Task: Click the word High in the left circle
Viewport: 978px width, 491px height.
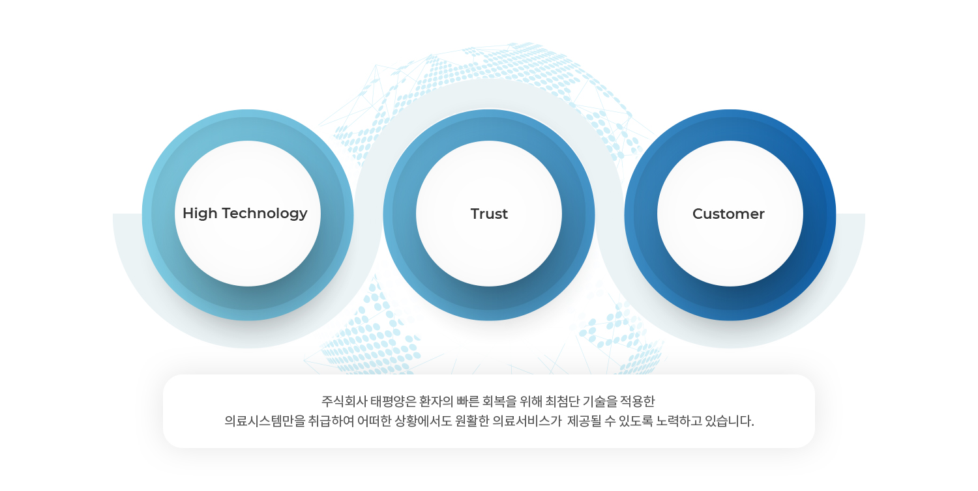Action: [x=200, y=214]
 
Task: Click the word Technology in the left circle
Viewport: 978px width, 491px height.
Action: [x=265, y=214]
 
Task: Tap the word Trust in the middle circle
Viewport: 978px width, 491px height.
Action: [x=489, y=214]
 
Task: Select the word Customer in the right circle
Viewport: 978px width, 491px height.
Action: [x=728, y=214]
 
